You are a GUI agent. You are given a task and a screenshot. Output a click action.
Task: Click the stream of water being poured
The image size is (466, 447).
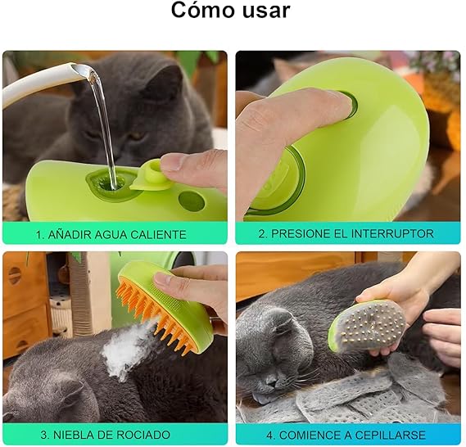click(x=106, y=123)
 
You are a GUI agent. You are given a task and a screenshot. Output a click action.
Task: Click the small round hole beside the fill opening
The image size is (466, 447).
click(x=190, y=199)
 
